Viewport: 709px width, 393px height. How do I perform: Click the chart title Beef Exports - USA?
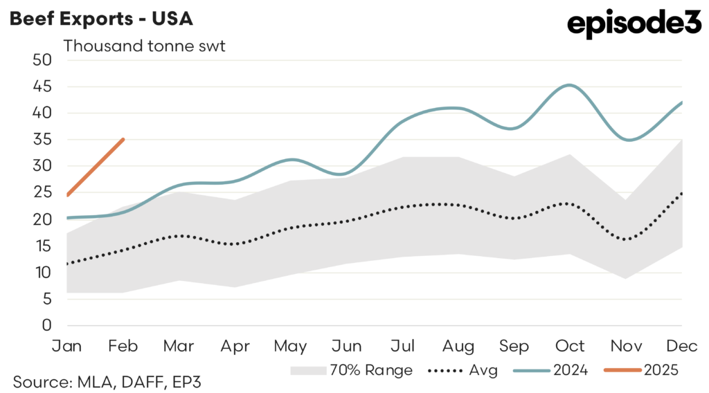[101, 19]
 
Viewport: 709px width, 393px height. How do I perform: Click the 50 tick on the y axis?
[43, 60]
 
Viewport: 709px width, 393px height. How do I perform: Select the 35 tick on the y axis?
[43, 139]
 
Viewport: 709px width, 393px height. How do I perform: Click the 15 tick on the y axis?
[43, 246]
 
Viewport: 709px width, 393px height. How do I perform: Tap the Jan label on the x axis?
[67, 345]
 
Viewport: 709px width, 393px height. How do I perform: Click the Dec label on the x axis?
[682, 345]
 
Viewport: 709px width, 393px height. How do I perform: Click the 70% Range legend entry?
[351, 370]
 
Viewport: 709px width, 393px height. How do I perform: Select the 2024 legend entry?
[550, 370]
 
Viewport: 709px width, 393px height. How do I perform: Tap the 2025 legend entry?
[640, 370]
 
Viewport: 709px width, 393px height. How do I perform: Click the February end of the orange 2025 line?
[123, 139]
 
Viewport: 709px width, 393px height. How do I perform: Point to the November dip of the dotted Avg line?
[626, 239]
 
